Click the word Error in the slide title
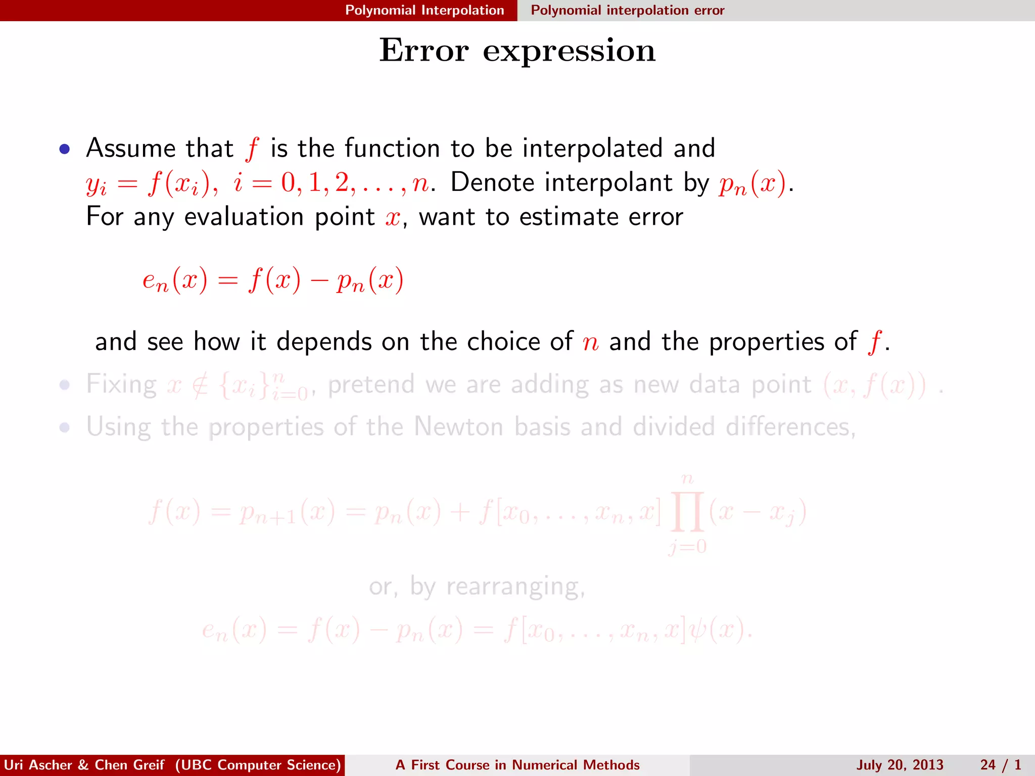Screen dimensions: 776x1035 (x=424, y=51)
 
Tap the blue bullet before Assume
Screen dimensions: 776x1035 (x=64, y=149)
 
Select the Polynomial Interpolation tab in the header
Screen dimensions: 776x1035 (x=425, y=10)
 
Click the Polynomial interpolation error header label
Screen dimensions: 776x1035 (x=627, y=10)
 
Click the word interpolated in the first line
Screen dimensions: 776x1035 (x=592, y=149)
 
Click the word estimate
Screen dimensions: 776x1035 (x=569, y=217)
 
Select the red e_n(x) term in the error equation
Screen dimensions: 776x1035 (x=175, y=280)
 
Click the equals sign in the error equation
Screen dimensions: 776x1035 (x=227, y=281)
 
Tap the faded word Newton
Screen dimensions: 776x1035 (x=458, y=427)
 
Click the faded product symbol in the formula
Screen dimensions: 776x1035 (x=687, y=512)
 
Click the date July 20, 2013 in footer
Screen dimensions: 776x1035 (x=900, y=765)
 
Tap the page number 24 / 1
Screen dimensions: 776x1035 (x=1001, y=765)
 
